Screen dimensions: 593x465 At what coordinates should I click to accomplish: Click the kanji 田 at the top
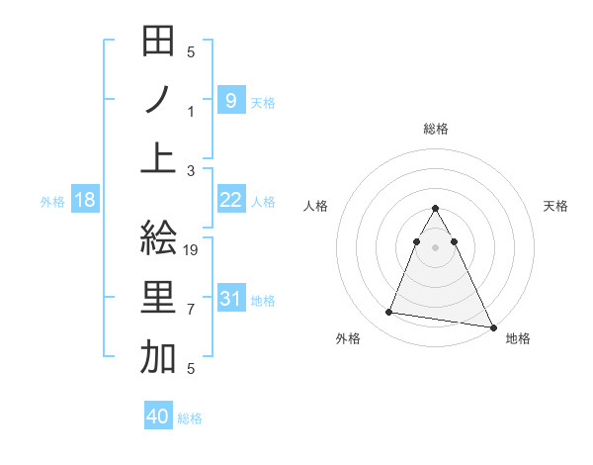click(159, 43)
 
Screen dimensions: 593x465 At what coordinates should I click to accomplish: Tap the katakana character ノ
click(159, 100)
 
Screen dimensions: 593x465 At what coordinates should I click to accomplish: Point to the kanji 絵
click(159, 240)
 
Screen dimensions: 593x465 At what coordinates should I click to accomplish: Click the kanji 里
click(159, 298)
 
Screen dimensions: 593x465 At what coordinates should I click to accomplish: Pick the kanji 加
click(159, 356)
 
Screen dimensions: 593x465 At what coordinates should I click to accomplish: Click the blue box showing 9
click(230, 100)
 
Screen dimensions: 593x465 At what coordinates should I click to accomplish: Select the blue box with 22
click(230, 200)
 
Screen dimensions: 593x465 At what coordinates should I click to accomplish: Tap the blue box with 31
click(230, 299)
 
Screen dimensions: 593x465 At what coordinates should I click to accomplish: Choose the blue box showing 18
click(85, 200)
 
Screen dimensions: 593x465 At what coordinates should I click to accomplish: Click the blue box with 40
click(158, 417)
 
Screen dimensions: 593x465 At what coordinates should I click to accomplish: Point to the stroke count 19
click(192, 250)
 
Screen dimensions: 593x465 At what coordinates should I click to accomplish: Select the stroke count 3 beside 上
click(191, 170)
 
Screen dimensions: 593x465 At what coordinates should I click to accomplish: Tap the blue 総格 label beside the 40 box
click(190, 418)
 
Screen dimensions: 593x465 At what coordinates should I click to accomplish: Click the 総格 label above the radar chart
click(435, 129)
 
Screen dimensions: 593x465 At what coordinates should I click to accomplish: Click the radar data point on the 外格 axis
click(389, 313)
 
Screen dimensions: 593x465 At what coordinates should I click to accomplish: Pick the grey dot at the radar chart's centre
click(435, 246)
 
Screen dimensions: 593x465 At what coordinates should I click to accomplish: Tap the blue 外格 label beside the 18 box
click(52, 202)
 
